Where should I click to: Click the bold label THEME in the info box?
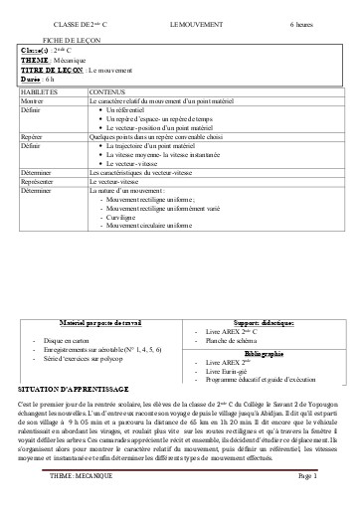35,59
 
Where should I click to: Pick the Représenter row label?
38,183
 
